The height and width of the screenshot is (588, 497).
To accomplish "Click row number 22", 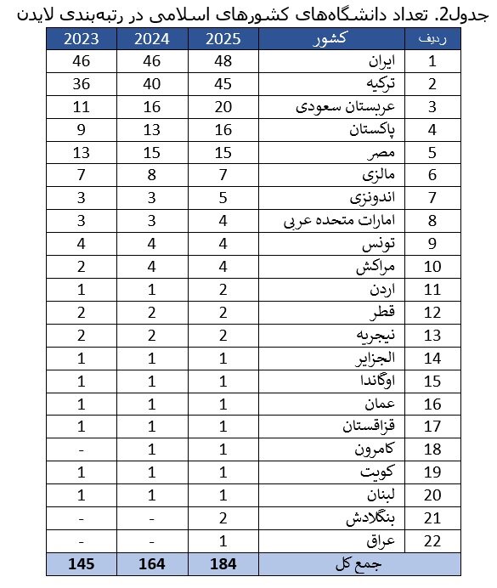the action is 432,541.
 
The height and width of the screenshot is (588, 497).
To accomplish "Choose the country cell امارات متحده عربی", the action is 340,223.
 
